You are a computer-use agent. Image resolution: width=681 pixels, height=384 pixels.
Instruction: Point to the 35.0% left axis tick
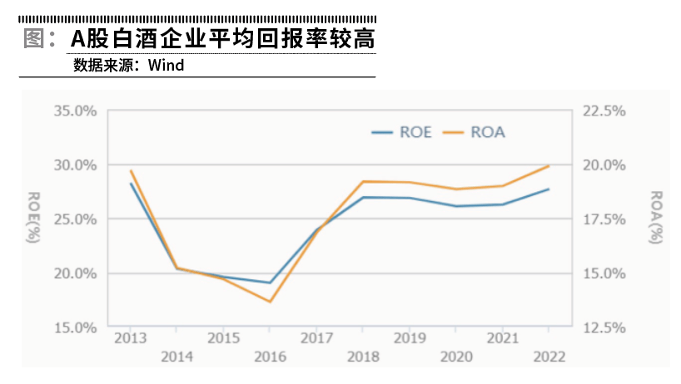(x=75, y=111)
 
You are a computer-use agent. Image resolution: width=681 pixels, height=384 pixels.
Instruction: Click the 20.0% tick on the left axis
(x=75, y=273)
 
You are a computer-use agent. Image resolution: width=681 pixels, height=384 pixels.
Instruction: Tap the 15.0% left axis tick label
(x=75, y=327)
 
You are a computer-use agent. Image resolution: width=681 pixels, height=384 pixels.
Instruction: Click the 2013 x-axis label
(x=130, y=338)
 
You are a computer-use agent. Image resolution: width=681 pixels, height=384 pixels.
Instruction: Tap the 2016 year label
(x=269, y=357)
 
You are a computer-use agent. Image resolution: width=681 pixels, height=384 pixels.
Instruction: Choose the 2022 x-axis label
(x=549, y=357)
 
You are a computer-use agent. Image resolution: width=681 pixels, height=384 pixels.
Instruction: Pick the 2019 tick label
(x=409, y=338)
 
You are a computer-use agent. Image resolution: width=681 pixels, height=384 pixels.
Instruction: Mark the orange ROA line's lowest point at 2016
(x=270, y=302)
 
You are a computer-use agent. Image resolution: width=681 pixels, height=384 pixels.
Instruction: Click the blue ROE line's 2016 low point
(x=270, y=283)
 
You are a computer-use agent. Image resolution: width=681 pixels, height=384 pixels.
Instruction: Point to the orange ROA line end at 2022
(x=549, y=165)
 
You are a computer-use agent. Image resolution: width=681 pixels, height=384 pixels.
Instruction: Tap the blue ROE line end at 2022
(x=549, y=189)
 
